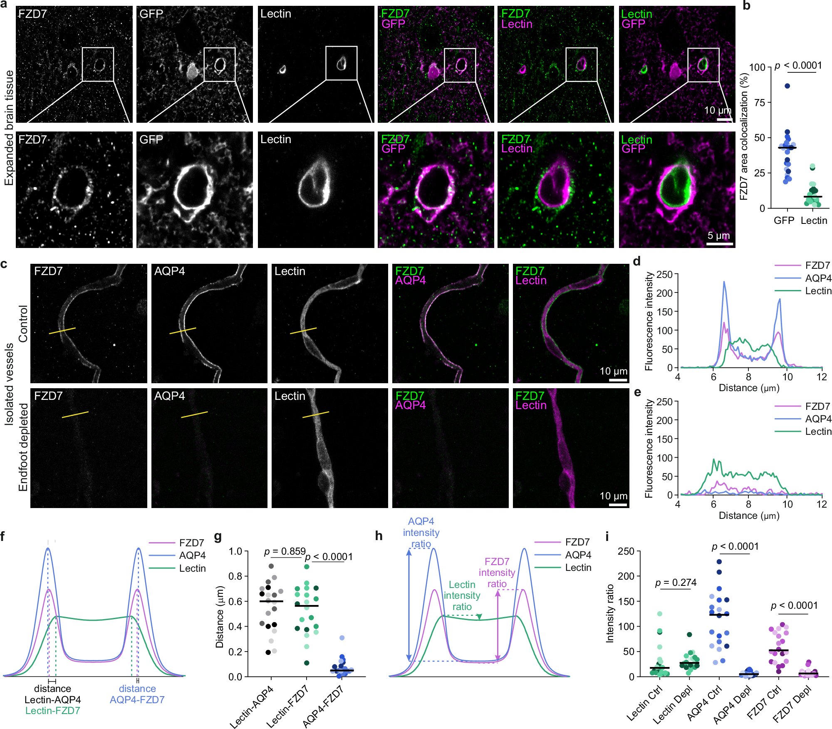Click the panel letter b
pyautogui.click(x=747, y=6)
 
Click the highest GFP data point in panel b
pyautogui.click(x=787, y=86)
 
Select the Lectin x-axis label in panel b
pyautogui.click(x=814, y=221)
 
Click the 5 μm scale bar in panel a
pyautogui.click(x=719, y=243)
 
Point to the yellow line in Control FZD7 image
pyautogui.click(x=62, y=331)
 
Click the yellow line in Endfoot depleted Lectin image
pyautogui.click(x=315, y=414)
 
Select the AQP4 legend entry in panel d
pyautogui.click(x=818, y=278)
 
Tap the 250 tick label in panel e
pyautogui.click(x=664, y=402)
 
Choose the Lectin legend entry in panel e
pyautogui.click(x=818, y=431)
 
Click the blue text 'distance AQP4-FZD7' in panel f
pyautogui.click(x=137, y=694)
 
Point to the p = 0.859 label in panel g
pyautogui.click(x=285, y=552)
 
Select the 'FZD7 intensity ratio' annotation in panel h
pyautogui.click(x=497, y=573)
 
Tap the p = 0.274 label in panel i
pyautogui.click(x=676, y=583)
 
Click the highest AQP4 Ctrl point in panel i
pyautogui.click(x=719, y=562)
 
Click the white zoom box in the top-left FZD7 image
pyautogui.click(x=98, y=64)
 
